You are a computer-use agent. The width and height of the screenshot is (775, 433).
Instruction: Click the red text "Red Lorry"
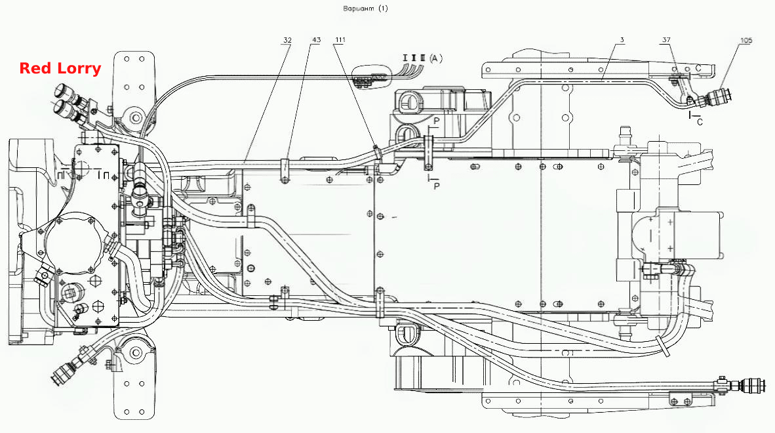(x=60, y=68)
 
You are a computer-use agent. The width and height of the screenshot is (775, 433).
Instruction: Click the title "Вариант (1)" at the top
(x=365, y=9)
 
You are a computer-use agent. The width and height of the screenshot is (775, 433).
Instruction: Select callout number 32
(x=287, y=40)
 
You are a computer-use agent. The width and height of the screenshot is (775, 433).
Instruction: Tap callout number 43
(x=316, y=40)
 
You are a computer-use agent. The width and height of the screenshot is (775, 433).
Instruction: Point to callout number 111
(x=340, y=40)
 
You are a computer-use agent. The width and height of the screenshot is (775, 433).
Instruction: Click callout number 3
(x=622, y=40)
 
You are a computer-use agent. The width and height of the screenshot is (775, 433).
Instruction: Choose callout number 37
(x=666, y=40)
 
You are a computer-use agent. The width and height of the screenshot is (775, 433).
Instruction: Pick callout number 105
(x=746, y=41)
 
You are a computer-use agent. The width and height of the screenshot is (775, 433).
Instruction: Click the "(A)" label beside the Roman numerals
(x=435, y=58)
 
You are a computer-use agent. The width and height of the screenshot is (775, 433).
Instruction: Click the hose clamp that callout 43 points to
(x=286, y=170)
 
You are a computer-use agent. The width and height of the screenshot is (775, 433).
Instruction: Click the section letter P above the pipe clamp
(x=437, y=121)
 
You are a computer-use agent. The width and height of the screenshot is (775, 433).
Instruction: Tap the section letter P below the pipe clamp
(x=437, y=186)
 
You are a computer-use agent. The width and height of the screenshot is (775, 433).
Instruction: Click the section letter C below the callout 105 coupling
(x=700, y=121)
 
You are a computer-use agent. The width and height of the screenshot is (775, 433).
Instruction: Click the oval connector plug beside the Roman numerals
(x=370, y=77)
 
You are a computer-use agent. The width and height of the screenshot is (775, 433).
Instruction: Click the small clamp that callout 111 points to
(x=378, y=152)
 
